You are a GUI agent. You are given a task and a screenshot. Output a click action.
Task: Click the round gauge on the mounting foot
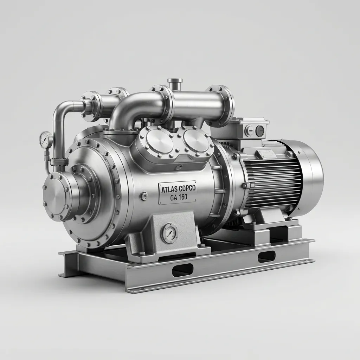click(169, 233)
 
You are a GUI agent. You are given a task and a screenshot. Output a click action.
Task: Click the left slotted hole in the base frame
click(182, 270)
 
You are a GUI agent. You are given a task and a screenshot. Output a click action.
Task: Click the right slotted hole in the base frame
click(266, 256)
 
